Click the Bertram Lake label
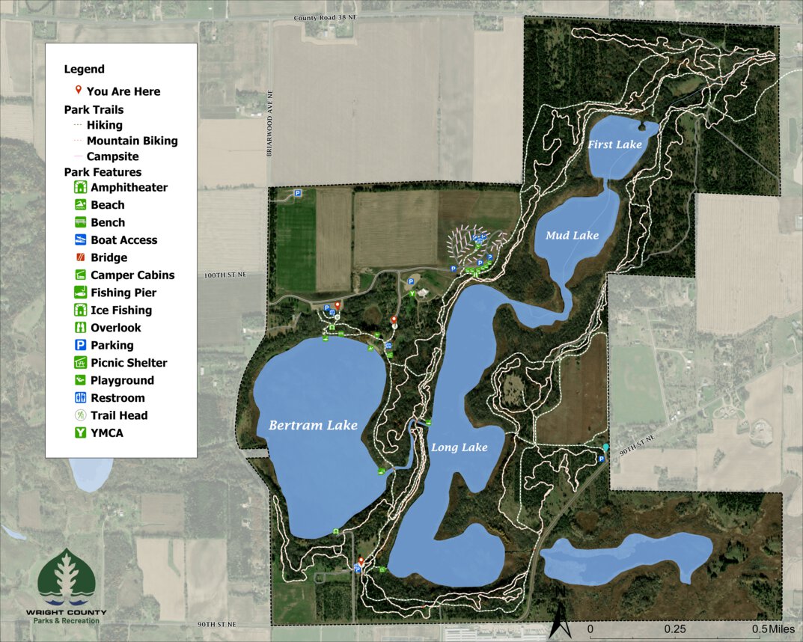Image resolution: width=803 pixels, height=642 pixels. point(313,425)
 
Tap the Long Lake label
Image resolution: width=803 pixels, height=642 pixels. point(459,447)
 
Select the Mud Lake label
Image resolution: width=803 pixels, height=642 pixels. point(572,235)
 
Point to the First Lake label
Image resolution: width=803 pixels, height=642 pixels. point(614,144)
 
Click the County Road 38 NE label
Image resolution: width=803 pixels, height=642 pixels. point(326,17)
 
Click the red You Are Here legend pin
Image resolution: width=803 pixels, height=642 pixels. point(79,91)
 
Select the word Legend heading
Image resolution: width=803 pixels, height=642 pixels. point(85,69)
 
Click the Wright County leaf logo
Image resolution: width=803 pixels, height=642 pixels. point(67,578)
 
